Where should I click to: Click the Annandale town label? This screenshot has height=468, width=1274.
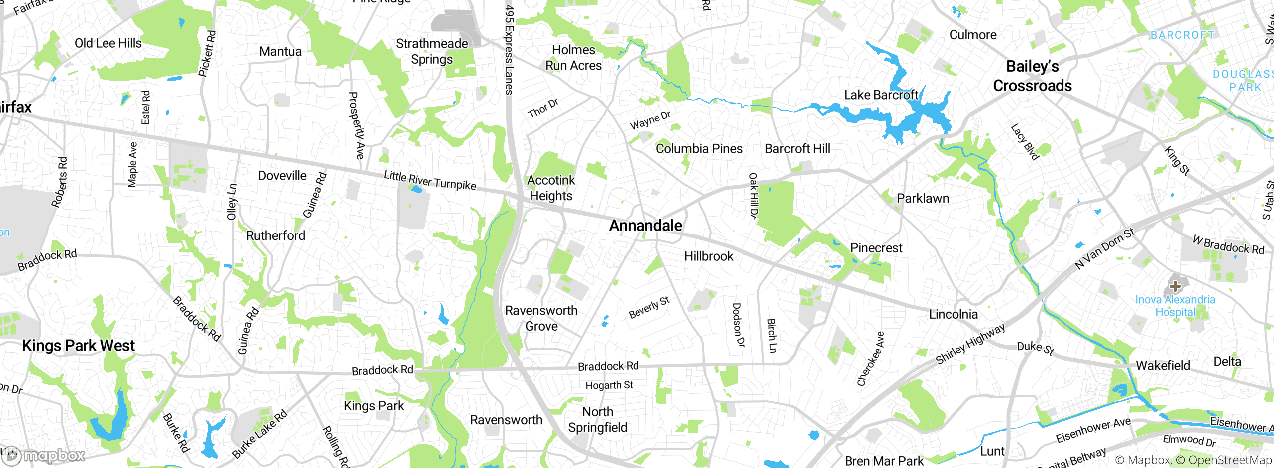coord(645,226)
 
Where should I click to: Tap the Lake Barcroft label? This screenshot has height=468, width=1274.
coord(881,95)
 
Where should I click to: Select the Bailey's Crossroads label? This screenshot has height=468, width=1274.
coord(1033,76)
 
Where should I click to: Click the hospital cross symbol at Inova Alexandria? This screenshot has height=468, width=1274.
coord(1175,286)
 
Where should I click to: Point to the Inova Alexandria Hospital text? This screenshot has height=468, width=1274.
coord(1175,306)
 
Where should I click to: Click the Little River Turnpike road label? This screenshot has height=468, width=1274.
coord(429,180)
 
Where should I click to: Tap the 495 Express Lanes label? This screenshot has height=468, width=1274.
coord(509,50)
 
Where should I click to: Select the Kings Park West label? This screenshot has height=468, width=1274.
coord(78,346)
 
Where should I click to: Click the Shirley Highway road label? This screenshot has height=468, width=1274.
coord(970,344)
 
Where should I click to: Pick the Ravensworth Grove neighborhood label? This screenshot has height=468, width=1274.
coord(541,318)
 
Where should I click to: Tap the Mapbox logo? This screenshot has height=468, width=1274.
coord(45,455)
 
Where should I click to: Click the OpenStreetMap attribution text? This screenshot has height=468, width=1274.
coord(1229,460)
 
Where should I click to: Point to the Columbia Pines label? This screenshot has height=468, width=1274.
coord(699,149)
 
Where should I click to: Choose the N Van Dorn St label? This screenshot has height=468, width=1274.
coord(1105,248)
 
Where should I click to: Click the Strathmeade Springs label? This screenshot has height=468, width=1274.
coord(431,51)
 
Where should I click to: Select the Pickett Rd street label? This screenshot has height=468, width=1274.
coord(207,54)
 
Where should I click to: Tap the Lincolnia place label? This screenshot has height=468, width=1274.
coord(953,314)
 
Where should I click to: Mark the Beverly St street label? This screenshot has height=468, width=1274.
coord(649,307)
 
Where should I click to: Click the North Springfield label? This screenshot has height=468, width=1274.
coord(598,420)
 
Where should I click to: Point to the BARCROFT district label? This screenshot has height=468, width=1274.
coord(1182,35)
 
